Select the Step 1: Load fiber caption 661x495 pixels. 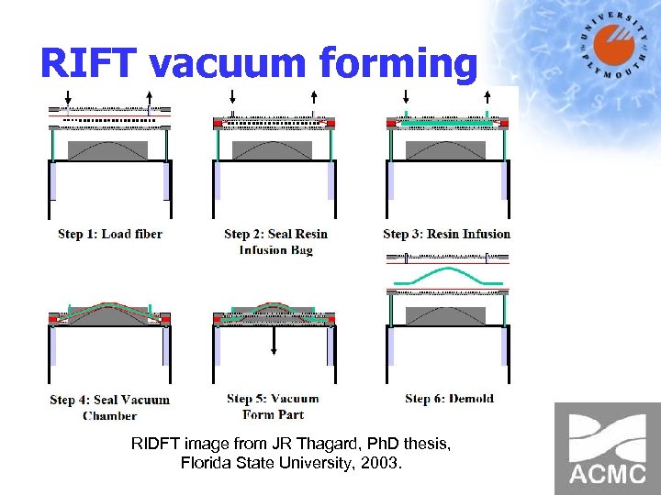109,234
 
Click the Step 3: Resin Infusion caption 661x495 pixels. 446,234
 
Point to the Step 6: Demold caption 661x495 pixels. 449,399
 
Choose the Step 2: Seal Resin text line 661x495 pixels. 275,234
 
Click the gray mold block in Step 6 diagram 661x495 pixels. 447,314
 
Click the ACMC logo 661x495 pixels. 607,448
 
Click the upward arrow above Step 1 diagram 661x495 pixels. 150,97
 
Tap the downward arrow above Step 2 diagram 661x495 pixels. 232,97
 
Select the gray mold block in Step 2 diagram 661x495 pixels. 274,149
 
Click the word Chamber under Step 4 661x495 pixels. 109,415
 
